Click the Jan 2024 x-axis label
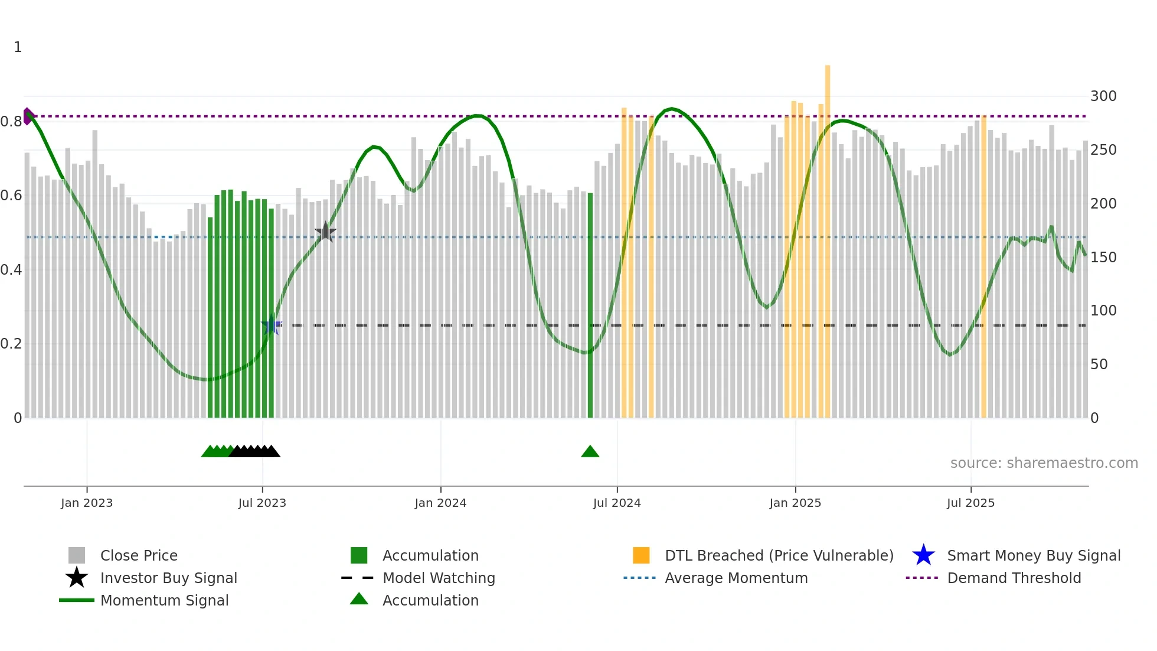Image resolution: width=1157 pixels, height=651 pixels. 440,503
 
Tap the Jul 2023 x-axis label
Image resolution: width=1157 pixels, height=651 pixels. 262,503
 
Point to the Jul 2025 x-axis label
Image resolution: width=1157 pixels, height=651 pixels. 970,503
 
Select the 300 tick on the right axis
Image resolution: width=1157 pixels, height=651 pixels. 1103,96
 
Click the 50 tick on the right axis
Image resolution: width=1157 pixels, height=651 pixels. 1099,364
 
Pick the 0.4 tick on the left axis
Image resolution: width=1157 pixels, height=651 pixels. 11,270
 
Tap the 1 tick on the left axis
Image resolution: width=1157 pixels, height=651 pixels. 18,47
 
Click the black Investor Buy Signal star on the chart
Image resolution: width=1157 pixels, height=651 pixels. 325,232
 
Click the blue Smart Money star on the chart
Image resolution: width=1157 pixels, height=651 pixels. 271,325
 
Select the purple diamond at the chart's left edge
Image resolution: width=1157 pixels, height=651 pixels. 27,116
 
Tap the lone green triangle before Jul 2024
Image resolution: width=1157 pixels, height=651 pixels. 590,452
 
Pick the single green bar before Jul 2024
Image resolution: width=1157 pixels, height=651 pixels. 590,305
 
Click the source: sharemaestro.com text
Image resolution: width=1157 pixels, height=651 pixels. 1044,463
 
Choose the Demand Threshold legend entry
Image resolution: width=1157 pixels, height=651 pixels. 1014,578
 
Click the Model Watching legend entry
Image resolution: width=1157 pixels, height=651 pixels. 438,578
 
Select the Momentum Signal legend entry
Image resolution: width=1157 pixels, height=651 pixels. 164,600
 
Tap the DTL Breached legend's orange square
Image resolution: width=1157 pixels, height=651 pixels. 641,555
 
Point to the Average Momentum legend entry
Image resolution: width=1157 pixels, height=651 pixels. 736,578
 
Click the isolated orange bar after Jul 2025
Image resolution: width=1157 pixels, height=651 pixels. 983,266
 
